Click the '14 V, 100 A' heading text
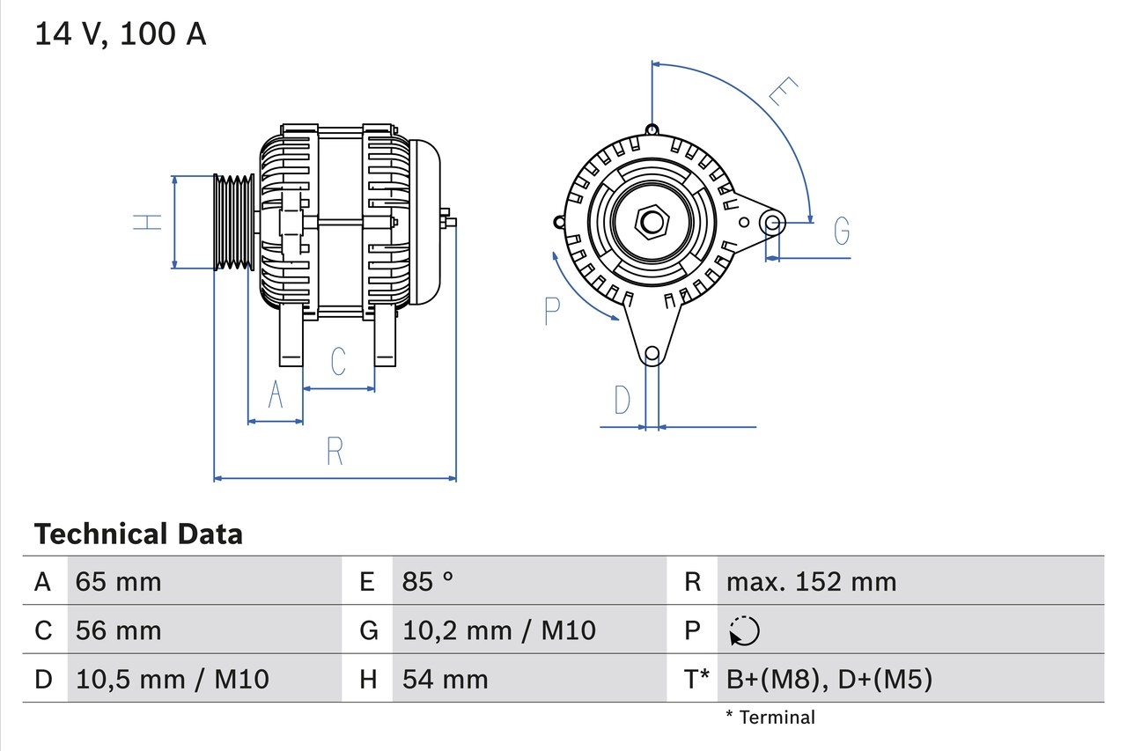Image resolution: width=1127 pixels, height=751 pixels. pos(121,34)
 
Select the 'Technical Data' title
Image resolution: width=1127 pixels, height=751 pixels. pos(138,534)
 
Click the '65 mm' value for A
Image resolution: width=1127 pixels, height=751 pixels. pos(118,581)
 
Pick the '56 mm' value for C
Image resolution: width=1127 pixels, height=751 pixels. pos(118,630)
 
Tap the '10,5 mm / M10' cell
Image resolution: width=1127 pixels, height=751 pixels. pos(172,679)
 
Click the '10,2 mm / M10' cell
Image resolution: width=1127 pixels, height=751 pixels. pos(498,630)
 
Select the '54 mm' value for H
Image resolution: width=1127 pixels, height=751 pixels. pos(445,679)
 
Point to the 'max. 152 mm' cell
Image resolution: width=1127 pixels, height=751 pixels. pos(811,581)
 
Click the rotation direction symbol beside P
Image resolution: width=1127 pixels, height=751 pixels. pos(744,631)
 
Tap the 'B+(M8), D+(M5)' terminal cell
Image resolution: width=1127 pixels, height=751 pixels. pos(829,679)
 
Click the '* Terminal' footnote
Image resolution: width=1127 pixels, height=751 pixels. pos(770,718)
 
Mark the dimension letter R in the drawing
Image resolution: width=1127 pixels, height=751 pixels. pos(335,451)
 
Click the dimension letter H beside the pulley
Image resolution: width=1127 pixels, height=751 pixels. pos(148,222)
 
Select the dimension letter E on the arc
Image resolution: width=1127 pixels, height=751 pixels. pos(782,92)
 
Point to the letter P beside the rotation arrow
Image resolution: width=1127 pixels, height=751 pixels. pos(552,311)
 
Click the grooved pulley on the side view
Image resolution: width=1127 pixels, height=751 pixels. pos(234,222)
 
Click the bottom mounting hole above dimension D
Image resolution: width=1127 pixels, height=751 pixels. pos(652,354)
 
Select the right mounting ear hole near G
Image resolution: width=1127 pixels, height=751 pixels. pos(772,222)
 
